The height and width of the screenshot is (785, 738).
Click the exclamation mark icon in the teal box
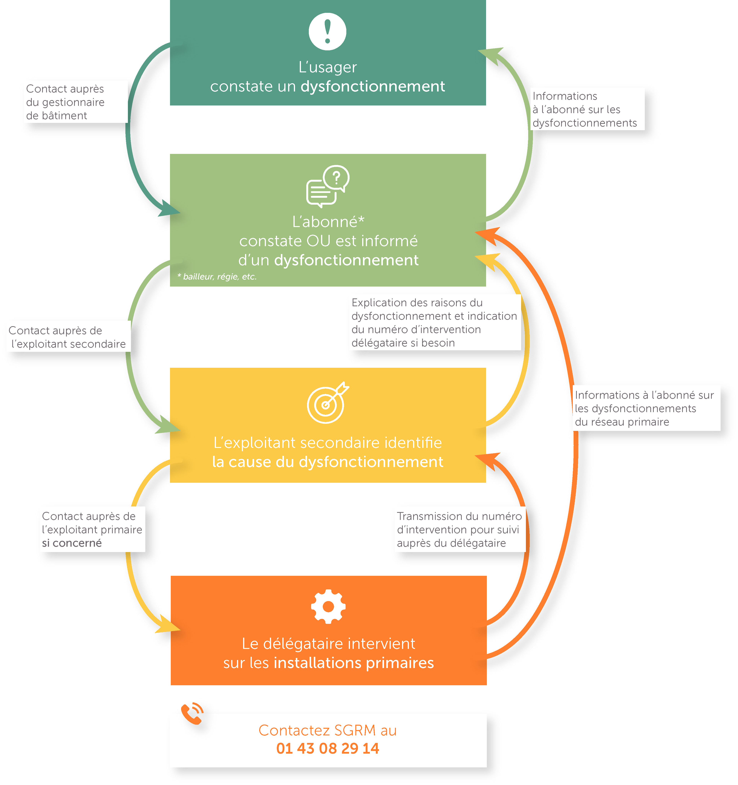point(327,32)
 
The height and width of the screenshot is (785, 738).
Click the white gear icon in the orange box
point(328,607)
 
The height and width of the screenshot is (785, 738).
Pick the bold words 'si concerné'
point(72,543)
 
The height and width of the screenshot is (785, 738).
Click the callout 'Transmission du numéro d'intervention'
point(459,529)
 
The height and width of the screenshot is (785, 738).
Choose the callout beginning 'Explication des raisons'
point(434,323)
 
